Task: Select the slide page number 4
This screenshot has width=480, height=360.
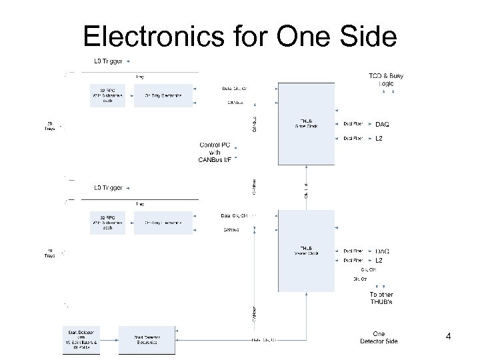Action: click(x=448, y=337)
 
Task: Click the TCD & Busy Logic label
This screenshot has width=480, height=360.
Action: click(x=386, y=79)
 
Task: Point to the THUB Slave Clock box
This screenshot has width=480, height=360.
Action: click(x=307, y=125)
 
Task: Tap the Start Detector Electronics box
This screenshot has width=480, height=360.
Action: click(x=146, y=340)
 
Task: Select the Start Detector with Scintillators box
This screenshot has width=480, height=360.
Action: click(x=80, y=340)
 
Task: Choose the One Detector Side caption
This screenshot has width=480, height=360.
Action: click(x=379, y=338)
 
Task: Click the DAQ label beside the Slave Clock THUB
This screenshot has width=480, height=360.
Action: click(x=383, y=124)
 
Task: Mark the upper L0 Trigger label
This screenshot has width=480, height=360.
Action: click(x=107, y=62)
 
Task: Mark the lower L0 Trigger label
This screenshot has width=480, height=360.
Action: click(x=107, y=188)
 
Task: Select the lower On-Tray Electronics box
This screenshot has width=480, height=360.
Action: click(x=163, y=222)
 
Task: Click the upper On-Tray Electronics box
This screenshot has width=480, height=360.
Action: click(x=163, y=95)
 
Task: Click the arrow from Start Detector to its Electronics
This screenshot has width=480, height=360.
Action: click(x=109, y=340)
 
